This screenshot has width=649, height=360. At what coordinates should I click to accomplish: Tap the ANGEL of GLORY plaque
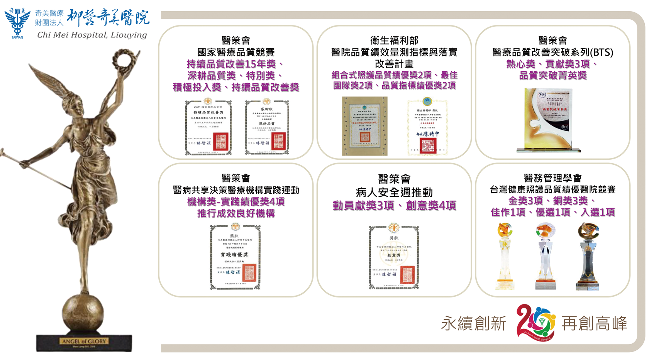tap(84, 341)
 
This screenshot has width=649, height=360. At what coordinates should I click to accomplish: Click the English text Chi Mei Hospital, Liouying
tap(92, 35)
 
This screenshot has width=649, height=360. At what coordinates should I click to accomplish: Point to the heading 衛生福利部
tap(394, 41)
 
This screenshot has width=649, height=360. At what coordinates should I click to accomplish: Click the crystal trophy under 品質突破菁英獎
tap(548, 120)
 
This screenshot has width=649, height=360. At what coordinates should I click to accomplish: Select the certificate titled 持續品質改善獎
tap(208, 127)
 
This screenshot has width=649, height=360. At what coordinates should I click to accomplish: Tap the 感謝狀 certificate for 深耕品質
tap(267, 127)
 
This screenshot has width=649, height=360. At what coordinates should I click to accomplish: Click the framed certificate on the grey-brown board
tap(364, 126)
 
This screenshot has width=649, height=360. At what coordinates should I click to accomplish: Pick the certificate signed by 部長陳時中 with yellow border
tap(427, 127)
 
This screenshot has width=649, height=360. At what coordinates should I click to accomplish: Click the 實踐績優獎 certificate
tap(235, 257)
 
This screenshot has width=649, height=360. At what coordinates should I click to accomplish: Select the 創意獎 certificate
tap(393, 257)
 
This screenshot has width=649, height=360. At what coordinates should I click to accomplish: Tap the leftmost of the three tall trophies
tap(505, 257)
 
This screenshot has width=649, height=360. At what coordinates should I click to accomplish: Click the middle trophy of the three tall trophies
tap(545, 257)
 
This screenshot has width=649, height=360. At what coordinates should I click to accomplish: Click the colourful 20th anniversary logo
tap(536, 323)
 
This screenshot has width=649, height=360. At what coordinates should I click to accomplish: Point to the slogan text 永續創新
tap(473, 323)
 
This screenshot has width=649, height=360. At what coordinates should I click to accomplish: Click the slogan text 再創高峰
tap(594, 323)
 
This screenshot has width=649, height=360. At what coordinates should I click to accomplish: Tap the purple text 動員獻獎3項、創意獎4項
tap(394, 206)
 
